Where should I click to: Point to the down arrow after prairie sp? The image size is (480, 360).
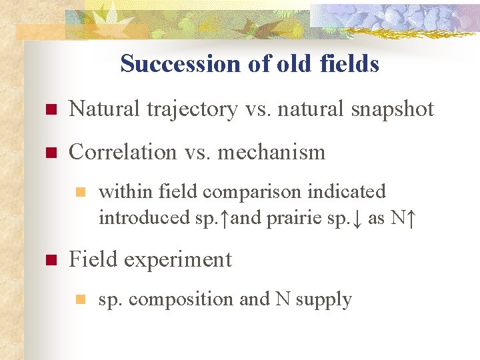(357, 217)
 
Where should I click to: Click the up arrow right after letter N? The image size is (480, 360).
(411, 217)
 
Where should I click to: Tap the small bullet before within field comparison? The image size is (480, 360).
(79, 193)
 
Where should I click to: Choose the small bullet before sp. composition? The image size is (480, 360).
(79, 300)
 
